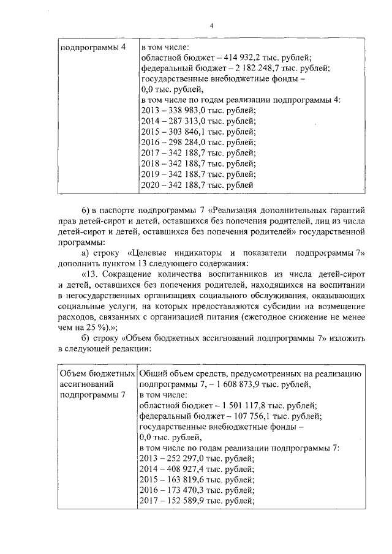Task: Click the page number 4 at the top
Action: point(211,25)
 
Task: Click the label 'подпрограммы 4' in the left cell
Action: point(88,47)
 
